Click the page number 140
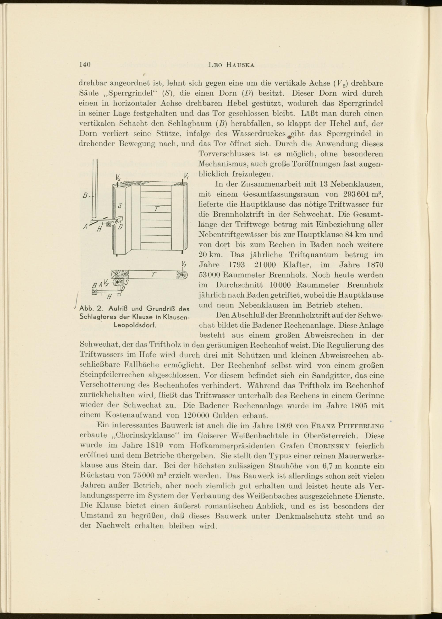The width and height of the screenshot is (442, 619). point(84,65)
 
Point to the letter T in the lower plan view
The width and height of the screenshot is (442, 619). point(153,275)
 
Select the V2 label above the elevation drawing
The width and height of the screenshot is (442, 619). point(118,177)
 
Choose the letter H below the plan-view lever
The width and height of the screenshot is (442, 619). point(109,296)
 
